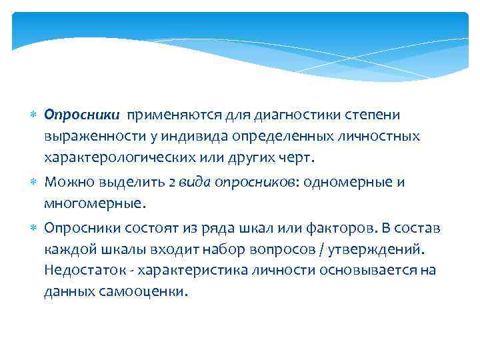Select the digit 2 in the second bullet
point(172,182)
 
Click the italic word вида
point(195,182)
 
